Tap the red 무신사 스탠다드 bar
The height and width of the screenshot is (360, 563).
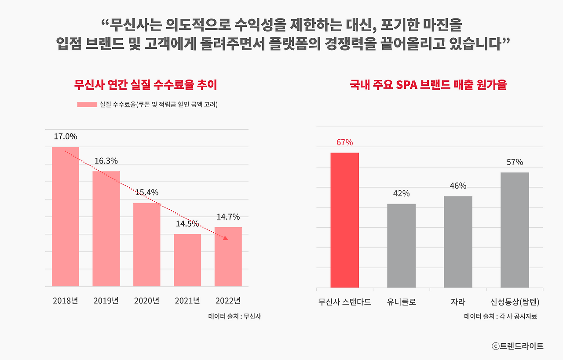pos(345,220)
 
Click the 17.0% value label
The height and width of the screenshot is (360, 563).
pos(66,137)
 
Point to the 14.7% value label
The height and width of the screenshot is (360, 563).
pos(228,217)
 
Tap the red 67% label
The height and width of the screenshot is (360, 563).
pos(345,142)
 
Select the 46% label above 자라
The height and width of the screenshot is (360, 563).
pos(458,186)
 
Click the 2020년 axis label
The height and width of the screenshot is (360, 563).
pos(146,301)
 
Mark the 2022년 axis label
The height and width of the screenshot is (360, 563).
pos(228,301)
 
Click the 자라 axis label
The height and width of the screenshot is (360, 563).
pos(458,302)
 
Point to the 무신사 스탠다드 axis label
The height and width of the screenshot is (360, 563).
pos(345,302)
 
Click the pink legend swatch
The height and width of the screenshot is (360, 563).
pos(87,105)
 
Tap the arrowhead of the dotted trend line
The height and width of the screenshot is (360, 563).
pos(226,238)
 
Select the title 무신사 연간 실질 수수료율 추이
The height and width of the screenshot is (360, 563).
pos(146,85)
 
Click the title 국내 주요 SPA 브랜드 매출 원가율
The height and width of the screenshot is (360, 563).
pos(428,85)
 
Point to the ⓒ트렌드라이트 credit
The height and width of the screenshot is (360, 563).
pos(518,346)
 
